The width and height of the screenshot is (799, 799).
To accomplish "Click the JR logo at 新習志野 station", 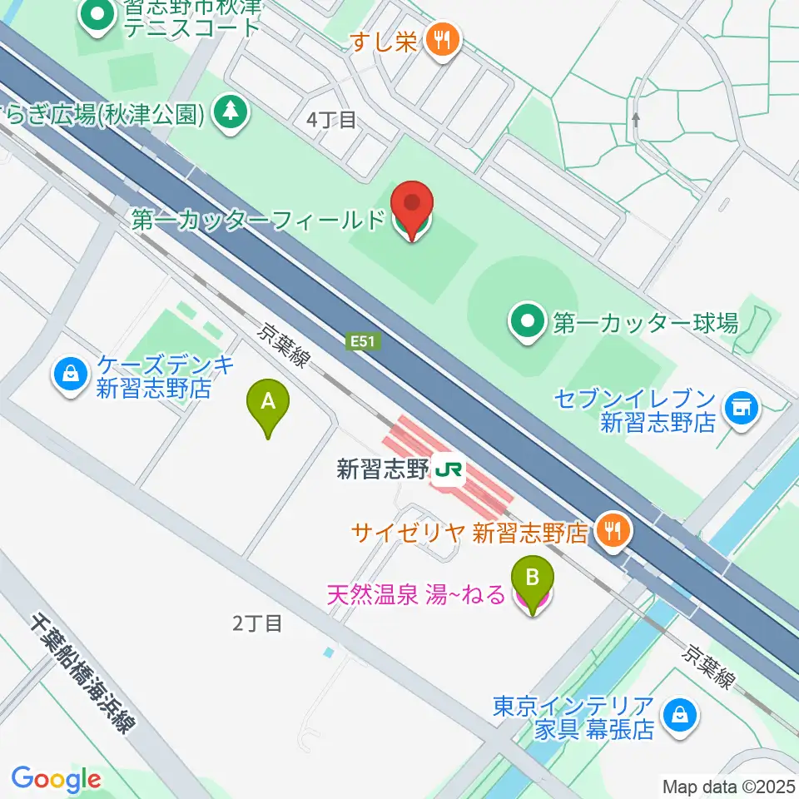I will click(448, 471).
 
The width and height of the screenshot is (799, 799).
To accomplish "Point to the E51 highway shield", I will click(359, 340).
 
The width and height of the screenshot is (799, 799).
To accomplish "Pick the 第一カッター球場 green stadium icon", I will click(529, 322).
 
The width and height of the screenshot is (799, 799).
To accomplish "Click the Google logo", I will click(56, 779).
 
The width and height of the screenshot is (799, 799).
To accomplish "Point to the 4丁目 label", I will click(331, 120).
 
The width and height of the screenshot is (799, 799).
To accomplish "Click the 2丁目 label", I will click(258, 623).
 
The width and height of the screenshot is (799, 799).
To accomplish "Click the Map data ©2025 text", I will click(727, 786).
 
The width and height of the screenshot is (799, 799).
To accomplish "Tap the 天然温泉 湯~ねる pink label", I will click(416, 595).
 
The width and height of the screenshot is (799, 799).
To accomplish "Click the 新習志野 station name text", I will click(381, 470).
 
